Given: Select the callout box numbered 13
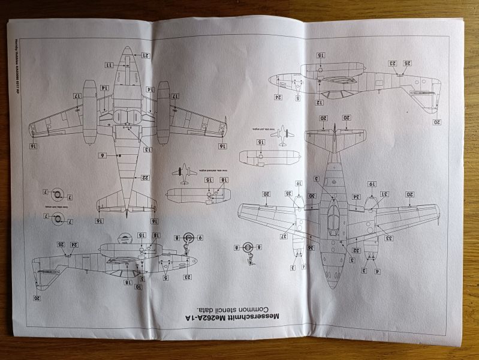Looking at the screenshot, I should coord(147,149).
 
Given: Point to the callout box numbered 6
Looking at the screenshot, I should coord(103,155).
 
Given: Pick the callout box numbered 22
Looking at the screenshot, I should coord(146,177).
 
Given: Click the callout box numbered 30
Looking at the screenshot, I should coord(312,197).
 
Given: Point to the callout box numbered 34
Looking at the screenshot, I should coord(356,197).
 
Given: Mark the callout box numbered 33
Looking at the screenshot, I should coord(388,239).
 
